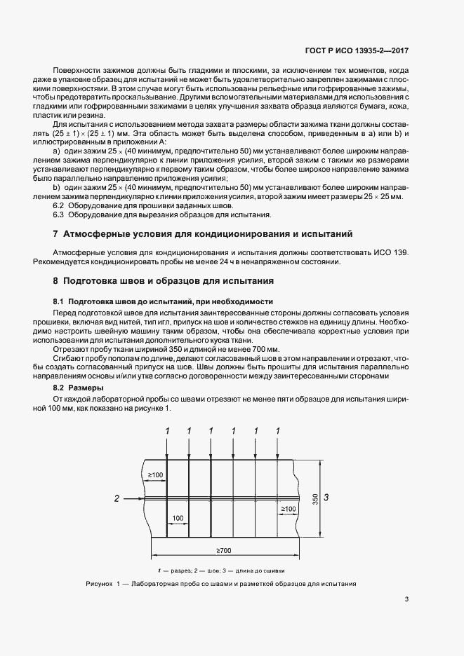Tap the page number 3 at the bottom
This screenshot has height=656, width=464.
[407, 599]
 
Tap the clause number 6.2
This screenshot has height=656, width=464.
[60, 206]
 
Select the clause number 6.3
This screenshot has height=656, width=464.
[60, 215]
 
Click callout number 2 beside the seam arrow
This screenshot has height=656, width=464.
[117, 498]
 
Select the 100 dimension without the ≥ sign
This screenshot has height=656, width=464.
[178, 519]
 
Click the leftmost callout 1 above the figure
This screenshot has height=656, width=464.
[167, 430]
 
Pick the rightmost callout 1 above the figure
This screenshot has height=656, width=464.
[279, 430]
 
